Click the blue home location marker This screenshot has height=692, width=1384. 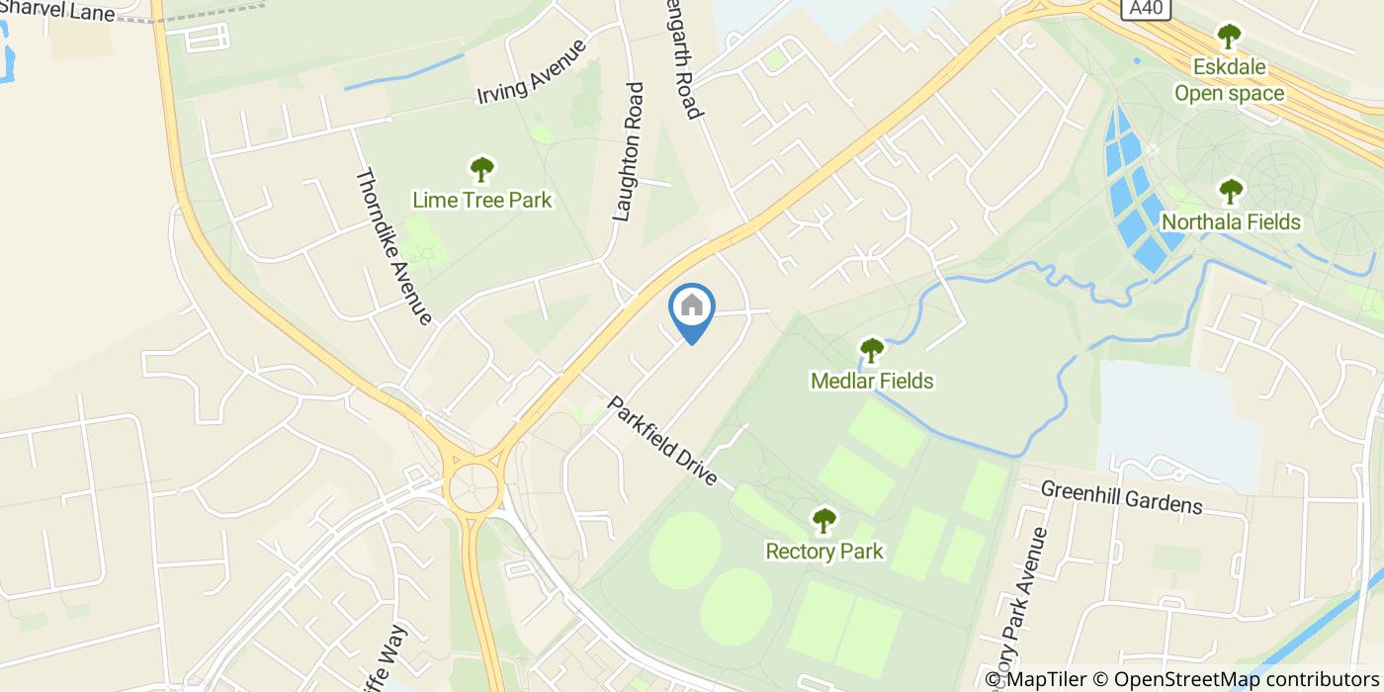tap(692, 308)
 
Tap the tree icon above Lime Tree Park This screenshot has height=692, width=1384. tap(481, 169)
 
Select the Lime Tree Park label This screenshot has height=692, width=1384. tap(481, 201)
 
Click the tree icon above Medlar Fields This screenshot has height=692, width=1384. tap(871, 350)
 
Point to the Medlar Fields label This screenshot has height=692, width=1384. tap(871, 381)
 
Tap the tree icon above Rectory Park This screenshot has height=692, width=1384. tap(824, 520)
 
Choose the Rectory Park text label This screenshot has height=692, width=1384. tap(824, 551)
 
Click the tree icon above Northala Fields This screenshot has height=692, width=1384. tap(1231, 191)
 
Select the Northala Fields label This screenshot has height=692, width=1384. tap(1231, 221)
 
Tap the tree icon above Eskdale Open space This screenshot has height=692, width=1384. tap(1229, 38)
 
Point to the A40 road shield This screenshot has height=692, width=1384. tap(1148, 9)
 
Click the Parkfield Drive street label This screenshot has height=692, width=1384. tap(661, 440)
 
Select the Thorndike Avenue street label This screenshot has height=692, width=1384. tap(393, 246)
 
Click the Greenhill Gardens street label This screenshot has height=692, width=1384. tap(1122, 497)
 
